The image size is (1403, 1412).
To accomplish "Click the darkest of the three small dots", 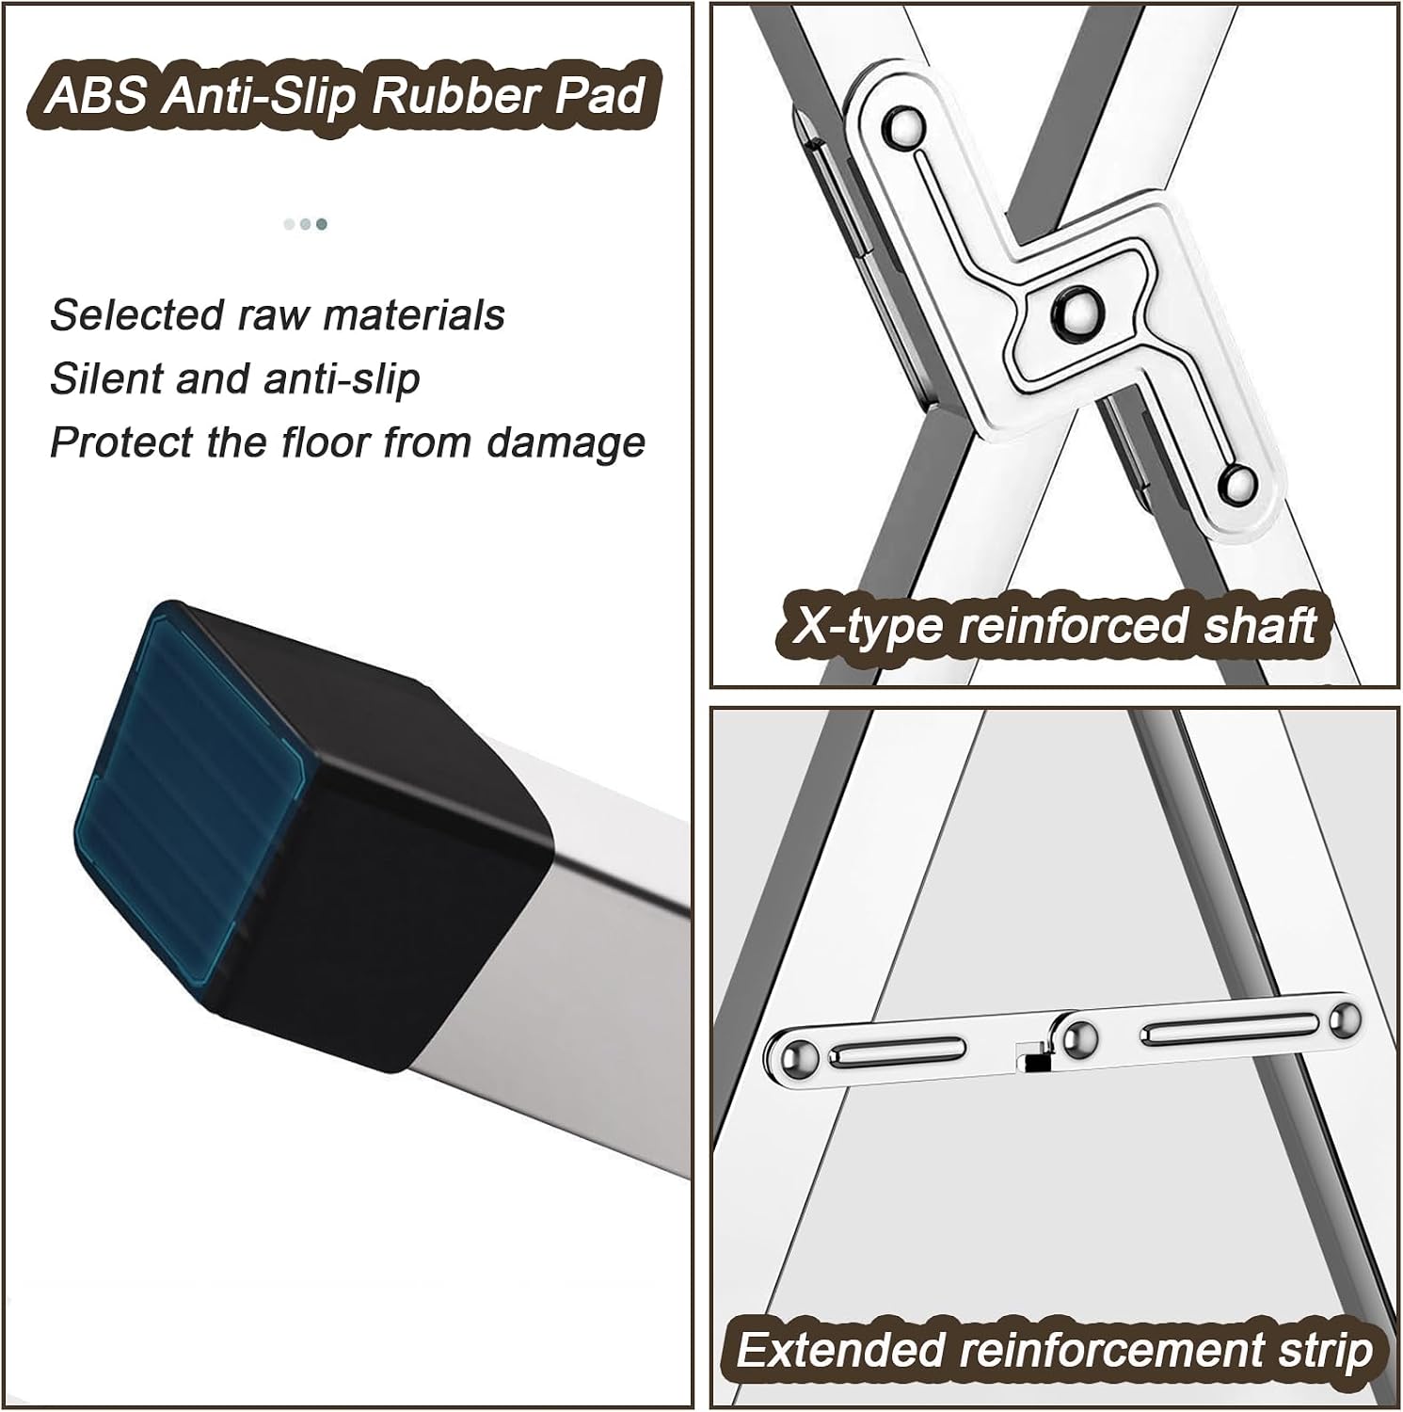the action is (x=322, y=224).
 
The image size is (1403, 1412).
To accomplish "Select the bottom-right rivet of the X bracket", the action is (x=1238, y=483).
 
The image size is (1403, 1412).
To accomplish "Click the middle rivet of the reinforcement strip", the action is (x=1078, y=1039).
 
